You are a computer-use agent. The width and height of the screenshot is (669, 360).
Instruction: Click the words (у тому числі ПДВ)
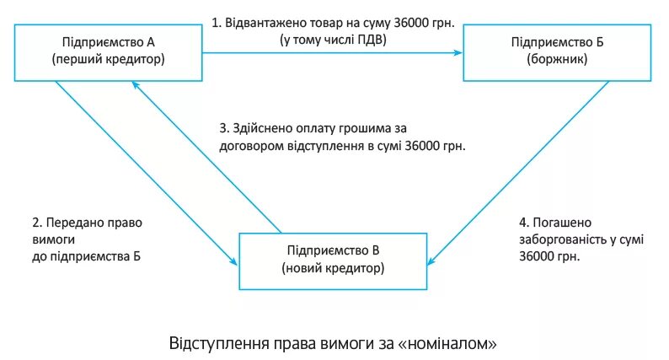click(x=332, y=40)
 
